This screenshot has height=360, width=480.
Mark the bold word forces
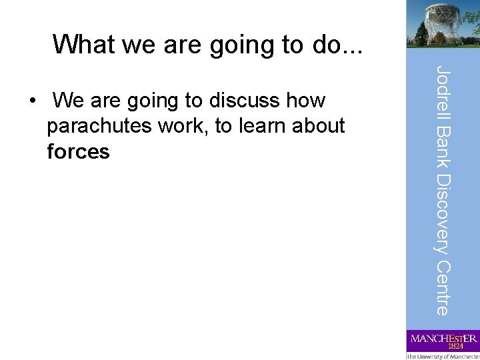78,151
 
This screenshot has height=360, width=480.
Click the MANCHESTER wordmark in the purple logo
443,338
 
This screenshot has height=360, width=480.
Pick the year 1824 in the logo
456,346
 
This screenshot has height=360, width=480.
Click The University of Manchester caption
443,356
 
